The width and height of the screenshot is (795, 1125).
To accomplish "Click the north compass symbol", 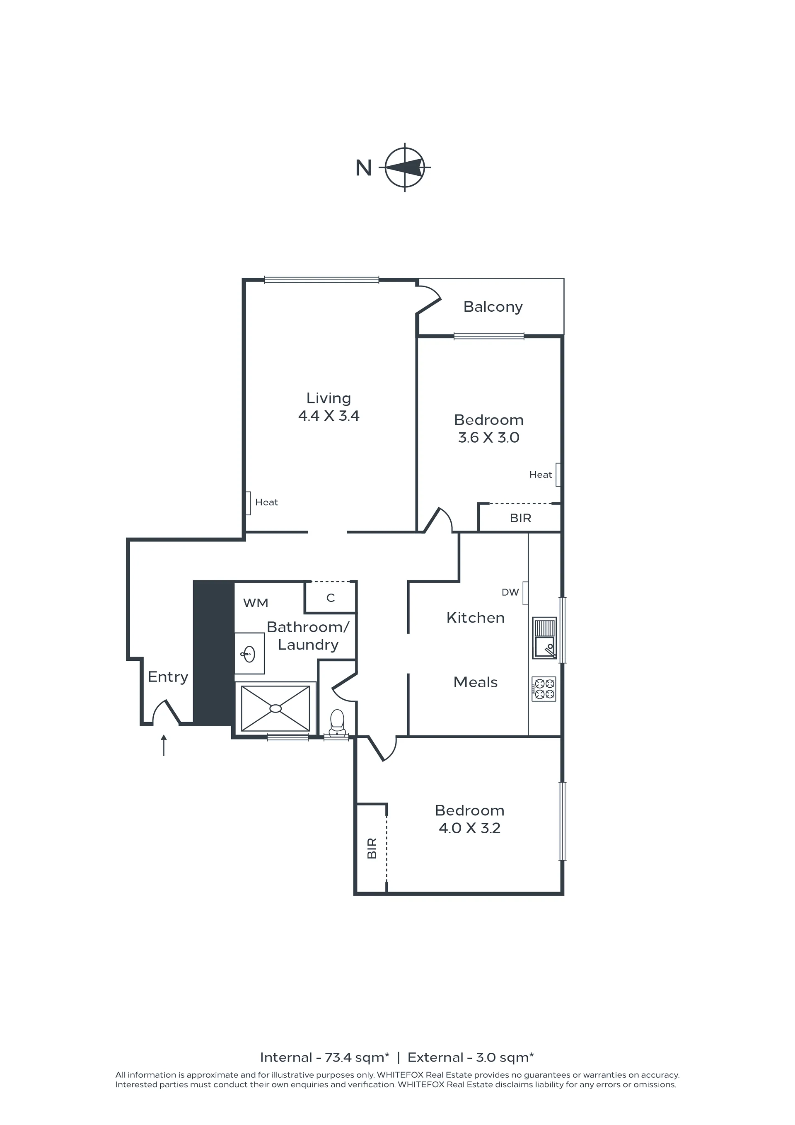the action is tap(405, 167).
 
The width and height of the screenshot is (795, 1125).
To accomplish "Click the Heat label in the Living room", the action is tap(266, 502).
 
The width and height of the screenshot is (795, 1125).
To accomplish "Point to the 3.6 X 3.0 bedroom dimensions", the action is tap(489, 438).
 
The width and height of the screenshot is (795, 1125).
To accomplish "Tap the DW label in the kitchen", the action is tap(510, 592).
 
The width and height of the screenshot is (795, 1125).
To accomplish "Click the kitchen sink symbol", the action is tap(545, 638).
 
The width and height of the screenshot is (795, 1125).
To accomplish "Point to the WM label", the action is tap(256, 603).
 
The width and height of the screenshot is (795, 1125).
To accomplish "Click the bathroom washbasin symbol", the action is tap(249, 654).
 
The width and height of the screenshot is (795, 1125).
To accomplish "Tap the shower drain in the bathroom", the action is tap(276, 708).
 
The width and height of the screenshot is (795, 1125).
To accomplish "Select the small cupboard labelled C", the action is tap(331, 597).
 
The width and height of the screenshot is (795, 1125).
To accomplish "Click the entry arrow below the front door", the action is tap(164, 745).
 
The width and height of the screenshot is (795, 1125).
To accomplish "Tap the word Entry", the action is tap(168, 677).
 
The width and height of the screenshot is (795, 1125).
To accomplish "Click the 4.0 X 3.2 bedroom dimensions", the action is tap(469, 828).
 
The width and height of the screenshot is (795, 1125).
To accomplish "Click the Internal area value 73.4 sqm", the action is tap(357, 1058).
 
